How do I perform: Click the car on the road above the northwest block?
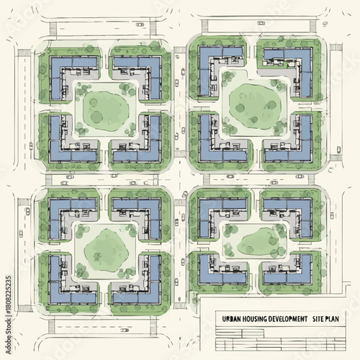[140, 24]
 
